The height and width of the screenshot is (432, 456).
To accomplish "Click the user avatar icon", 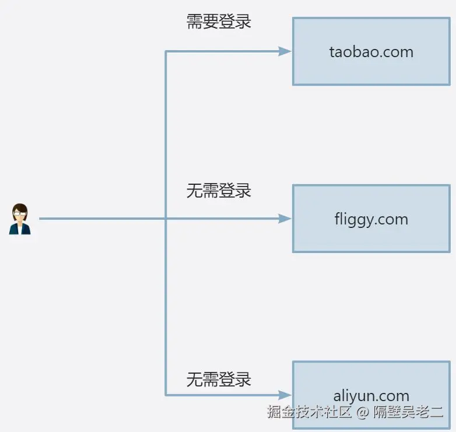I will pos(20,219).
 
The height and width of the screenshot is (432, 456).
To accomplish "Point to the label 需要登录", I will pos(219,22).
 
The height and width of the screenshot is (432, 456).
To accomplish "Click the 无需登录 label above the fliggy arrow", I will pos(219,190).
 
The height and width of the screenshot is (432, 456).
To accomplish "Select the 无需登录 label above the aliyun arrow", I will pos(219,380).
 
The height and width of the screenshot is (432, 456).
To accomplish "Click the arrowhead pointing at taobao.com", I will pos(285,51).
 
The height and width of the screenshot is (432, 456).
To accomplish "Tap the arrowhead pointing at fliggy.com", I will pos(285,219).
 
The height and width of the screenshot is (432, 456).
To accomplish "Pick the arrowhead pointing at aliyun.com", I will pos(285,395).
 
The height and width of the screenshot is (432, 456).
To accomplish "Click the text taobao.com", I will pos(371,52).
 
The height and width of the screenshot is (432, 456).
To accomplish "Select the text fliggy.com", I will pos(371,220).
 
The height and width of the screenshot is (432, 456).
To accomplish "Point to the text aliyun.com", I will pos(371,396).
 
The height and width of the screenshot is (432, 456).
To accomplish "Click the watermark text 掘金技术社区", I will pos(309,412).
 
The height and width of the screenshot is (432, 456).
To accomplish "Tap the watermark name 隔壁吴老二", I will pos(408,412).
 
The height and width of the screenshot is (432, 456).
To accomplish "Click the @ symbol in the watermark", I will pos(363,413).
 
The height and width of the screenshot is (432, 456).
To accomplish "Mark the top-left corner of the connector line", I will pos(166,51).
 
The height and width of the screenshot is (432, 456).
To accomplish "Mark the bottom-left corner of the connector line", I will pos(166,395).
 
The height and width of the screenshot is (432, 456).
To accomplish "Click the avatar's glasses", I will pos(20,213).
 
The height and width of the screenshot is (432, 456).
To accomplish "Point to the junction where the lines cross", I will pos(166,219).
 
